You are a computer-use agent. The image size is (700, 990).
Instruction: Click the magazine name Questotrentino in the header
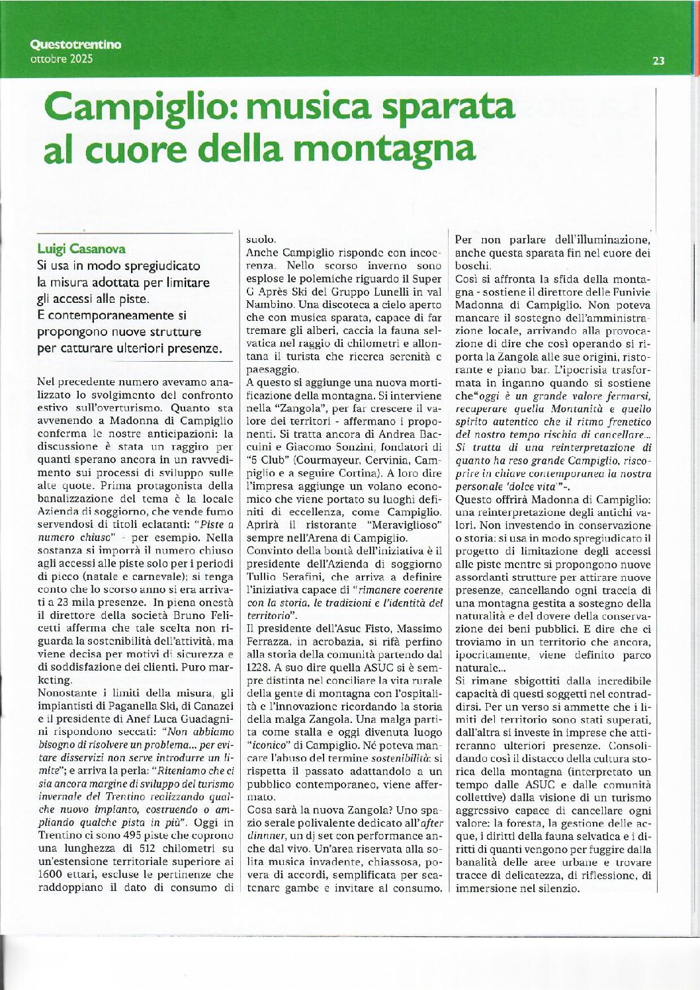pyautogui.click(x=75, y=45)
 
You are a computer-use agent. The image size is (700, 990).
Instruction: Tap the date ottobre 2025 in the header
pyautogui.click(x=62, y=58)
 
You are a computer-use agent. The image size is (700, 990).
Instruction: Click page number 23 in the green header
pyautogui.click(x=658, y=61)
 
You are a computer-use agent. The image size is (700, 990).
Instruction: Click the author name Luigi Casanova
pyautogui.click(x=81, y=249)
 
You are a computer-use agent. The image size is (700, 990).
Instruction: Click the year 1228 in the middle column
pyautogui.click(x=258, y=667)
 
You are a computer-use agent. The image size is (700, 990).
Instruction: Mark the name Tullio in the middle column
pyautogui.click(x=262, y=577)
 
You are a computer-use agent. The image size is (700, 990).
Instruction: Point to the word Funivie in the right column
pyautogui.click(x=631, y=292)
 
